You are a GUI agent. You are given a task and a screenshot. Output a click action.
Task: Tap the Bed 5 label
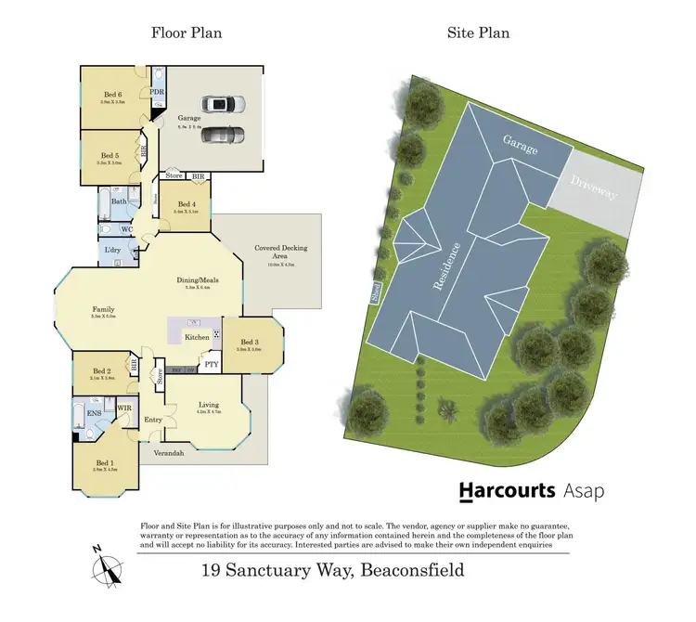click(x=110, y=156)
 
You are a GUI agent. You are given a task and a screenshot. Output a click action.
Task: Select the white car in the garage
click(x=221, y=105)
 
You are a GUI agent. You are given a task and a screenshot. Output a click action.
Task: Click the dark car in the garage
click(x=221, y=136)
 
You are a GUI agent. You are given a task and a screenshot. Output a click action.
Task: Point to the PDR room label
click(x=157, y=94)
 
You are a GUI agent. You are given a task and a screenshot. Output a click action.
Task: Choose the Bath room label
click(x=119, y=201)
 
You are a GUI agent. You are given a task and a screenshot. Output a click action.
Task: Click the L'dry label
click(x=115, y=251)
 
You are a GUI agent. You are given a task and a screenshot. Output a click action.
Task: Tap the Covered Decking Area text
click(x=281, y=253)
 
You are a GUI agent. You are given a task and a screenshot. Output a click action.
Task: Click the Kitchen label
click(x=196, y=337)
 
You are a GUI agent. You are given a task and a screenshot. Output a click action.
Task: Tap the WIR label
click(x=123, y=407)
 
